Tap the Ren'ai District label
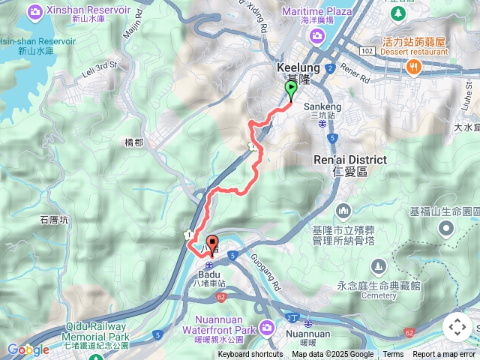(350, 160)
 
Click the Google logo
(28, 349)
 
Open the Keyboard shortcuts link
(250, 355)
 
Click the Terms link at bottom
(393, 355)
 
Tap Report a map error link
(444, 355)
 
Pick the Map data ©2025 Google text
(332, 355)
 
